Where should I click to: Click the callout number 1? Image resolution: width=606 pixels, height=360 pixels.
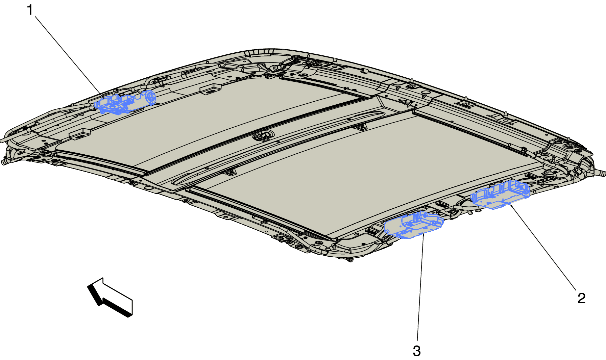tap(30, 10)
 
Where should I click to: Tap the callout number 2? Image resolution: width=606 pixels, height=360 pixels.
tap(581, 298)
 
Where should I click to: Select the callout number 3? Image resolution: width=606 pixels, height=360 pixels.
tap(417, 351)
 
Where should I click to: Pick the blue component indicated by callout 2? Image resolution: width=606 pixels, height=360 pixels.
tap(500, 195)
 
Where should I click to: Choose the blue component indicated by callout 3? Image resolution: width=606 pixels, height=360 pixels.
tap(413, 225)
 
